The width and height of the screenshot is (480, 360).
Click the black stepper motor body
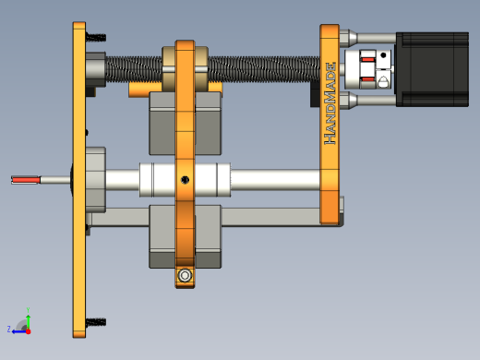(432, 69)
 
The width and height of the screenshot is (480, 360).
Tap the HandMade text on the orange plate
(330, 103)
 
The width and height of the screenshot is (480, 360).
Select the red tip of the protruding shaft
(26, 180)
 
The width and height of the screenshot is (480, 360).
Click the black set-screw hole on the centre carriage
(185, 180)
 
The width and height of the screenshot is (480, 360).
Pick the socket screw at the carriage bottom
(185, 275)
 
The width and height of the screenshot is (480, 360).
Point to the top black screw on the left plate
(96, 38)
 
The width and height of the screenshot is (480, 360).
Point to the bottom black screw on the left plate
(96, 322)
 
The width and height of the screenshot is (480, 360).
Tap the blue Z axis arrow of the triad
(19, 331)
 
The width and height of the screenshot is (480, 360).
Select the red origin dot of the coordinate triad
(29, 331)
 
